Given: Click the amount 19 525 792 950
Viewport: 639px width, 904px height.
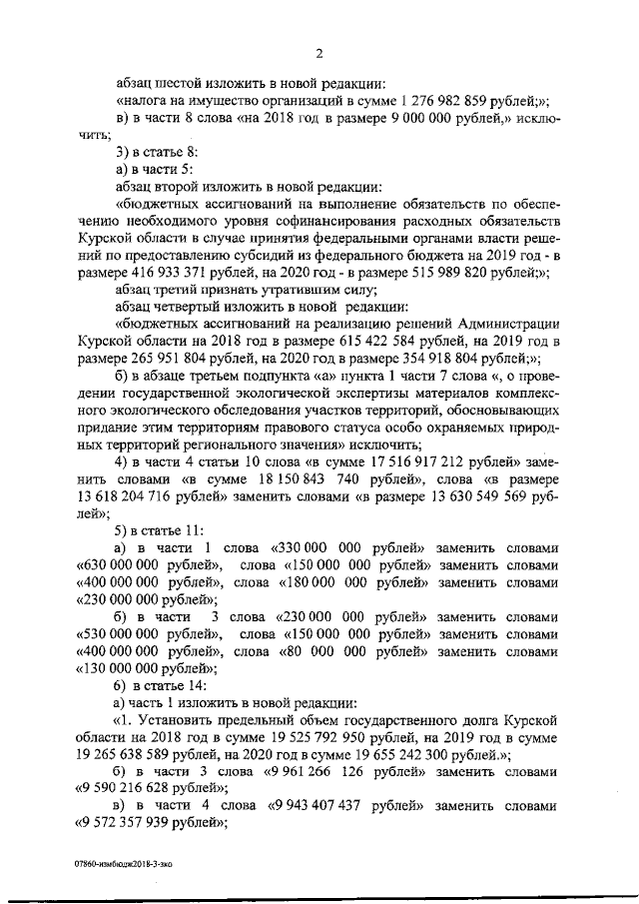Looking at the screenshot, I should (x=286, y=738).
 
